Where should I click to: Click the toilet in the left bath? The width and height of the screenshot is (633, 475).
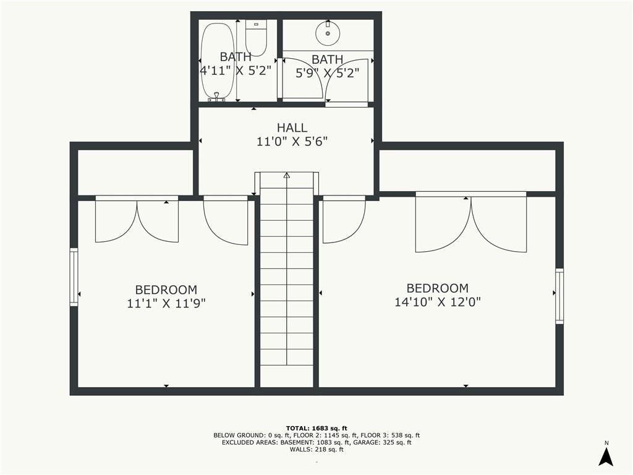[x=255, y=38]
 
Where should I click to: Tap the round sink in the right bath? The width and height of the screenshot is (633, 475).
[x=327, y=33]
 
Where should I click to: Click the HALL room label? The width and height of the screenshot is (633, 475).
[x=292, y=128]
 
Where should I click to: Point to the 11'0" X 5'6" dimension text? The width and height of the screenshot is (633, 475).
[x=292, y=142]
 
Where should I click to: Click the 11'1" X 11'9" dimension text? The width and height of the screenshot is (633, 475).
[x=166, y=304]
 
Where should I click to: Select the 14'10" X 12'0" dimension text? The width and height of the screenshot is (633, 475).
[x=438, y=302]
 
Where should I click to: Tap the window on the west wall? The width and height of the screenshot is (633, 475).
[x=74, y=277]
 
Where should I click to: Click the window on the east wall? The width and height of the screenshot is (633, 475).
[x=559, y=296]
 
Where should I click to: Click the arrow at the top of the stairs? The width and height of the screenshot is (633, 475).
[x=287, y=176]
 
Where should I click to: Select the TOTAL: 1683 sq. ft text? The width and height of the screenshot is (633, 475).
[x=316, y=428]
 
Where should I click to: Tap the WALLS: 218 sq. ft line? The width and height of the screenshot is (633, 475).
[x=316, y=450]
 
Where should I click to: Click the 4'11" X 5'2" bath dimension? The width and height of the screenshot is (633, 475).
[x=236, y=70]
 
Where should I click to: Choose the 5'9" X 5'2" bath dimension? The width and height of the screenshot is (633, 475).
[x=327, y=72]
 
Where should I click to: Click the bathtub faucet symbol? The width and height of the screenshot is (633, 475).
[x=216, y=97]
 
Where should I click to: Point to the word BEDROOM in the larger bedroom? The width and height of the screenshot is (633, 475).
[x=438, y=288]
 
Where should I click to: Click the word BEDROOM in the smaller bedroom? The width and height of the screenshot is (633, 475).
[x=166, y=289]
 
